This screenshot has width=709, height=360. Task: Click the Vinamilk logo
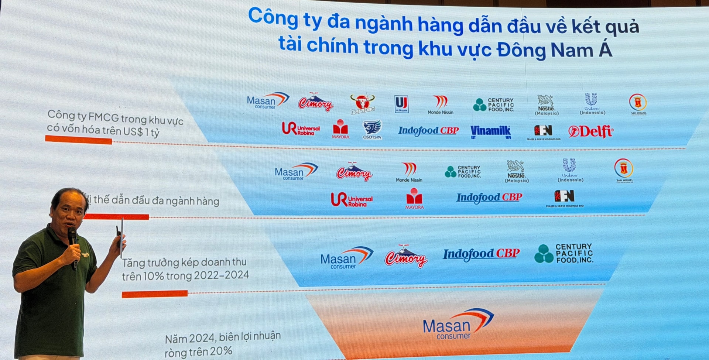click(490, 131)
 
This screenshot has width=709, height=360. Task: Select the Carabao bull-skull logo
click(362, 103)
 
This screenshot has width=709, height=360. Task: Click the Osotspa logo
click(372, 129)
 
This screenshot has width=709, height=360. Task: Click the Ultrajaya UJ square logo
click(401, 103)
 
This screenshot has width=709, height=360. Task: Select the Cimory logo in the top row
click(315, 102)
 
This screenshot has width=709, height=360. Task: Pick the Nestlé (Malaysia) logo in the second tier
click(516, 171)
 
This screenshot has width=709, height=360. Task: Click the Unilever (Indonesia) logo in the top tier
click(592, 104)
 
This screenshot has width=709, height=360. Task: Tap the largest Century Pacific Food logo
click(564, 253)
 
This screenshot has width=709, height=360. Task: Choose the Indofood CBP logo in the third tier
click(481, 254)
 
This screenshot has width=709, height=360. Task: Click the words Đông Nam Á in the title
click(554, 50)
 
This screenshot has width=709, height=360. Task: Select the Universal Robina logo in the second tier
click(352, 199)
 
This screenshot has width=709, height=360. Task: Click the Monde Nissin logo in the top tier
click(440, 105)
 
